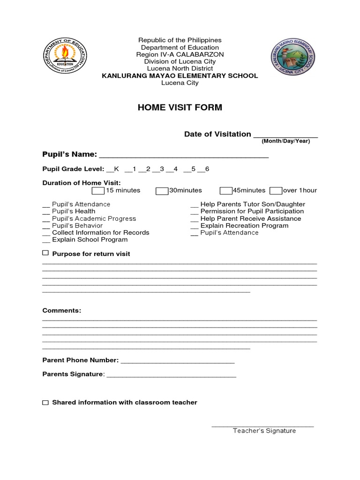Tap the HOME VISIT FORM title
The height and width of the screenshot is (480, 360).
180,108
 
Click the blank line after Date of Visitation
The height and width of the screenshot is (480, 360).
285,135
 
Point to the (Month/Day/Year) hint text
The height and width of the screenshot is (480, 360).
285,141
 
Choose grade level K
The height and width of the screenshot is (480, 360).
113,169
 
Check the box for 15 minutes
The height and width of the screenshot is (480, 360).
98,190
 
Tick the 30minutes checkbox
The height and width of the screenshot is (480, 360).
162,190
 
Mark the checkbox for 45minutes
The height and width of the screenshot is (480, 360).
226,190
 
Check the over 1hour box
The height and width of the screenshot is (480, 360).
276,190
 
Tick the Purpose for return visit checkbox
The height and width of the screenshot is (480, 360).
45,253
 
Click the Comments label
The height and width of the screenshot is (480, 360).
61,311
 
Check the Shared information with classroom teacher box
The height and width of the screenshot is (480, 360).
45,403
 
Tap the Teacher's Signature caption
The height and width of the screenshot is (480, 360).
264,431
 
